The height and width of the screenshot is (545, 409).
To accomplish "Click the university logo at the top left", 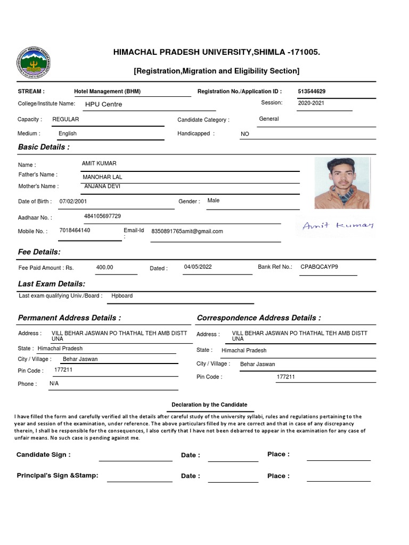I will (35, 66).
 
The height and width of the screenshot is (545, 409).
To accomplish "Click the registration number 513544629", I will (312, 92).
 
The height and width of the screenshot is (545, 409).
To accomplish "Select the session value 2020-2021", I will (311, 103).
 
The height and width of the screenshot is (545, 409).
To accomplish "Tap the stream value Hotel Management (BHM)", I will (107, 92).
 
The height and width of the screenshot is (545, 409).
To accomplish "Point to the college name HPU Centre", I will (103, 104).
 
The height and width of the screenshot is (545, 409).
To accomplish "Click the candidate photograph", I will (341, 183).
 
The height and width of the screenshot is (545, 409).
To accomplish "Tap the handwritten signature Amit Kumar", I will (338, 226).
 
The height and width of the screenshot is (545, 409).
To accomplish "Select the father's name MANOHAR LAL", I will (102, 177).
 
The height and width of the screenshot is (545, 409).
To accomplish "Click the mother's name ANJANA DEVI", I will (103, 186).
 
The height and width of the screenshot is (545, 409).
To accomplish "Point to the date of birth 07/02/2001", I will (73, 201).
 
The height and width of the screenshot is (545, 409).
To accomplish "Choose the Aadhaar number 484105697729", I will (102, 216).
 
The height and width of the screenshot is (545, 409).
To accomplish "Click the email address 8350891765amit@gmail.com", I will (187, 231).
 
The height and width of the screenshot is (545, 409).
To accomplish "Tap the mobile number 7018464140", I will (75, 230).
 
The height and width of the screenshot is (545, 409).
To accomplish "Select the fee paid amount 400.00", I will (104, 267).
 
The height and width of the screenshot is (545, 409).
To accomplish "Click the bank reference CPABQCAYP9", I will (319, 267).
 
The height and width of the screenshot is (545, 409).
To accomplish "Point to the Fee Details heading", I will (39, 252).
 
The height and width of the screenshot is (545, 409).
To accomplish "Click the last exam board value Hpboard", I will (122, 295).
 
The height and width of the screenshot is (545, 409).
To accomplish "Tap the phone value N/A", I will (54, 383).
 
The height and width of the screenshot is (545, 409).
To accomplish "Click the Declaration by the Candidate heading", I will (209, 404).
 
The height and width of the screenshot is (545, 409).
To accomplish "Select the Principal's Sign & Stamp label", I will (58, 475).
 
